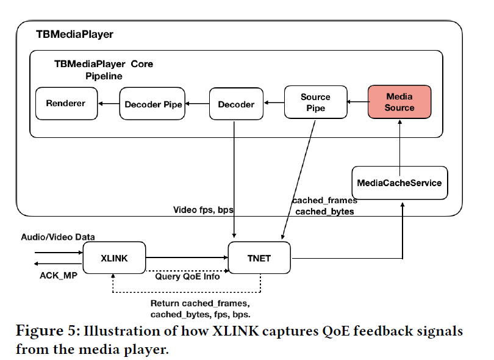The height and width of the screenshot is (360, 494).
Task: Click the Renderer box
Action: pos(66,104)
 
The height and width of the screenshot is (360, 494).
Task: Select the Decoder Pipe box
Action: pos(153,104)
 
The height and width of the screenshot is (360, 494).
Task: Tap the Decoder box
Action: pos(236,104)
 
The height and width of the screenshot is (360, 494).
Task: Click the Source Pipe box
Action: pos(315,102)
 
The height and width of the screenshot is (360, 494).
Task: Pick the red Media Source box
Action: pos(399,102)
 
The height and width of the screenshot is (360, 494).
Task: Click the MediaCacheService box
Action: pos(400,182)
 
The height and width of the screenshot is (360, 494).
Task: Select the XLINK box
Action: pos(113,258)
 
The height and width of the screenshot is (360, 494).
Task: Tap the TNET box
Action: pos(260,258)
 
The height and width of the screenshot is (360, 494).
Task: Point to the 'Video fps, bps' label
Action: pos(204,210)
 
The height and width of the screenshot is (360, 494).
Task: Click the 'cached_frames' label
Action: pos(324,200)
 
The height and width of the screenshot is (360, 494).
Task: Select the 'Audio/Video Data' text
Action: pos(58,237)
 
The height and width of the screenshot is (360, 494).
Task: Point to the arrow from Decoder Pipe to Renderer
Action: pos(110,104)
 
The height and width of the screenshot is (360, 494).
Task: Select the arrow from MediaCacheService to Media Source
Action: pos(399,143)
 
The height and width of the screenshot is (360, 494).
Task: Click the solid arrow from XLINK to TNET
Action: pos(186,258)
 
